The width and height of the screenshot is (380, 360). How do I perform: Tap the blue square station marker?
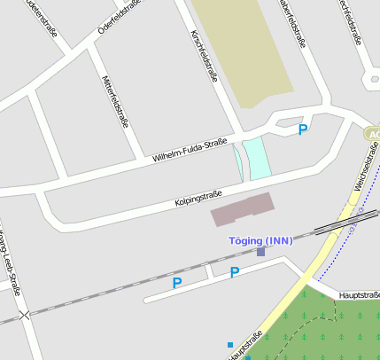point(260,252)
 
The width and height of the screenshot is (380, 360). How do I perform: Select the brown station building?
point(242,209)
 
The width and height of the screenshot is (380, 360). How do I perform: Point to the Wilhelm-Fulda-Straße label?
point(190,149)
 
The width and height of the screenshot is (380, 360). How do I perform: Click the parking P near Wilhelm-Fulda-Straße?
point(303,130)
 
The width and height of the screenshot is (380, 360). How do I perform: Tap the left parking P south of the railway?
point(176,284)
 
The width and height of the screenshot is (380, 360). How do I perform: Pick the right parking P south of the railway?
point(235,273)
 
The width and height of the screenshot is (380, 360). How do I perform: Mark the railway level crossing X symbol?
point(24,315)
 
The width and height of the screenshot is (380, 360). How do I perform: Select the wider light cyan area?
point(257,158)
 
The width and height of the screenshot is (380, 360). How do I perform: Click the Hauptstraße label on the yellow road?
point(244,346)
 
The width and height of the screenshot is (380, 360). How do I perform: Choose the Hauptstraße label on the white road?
point(359,294)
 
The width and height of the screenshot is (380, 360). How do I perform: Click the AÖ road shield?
point(371,134)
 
